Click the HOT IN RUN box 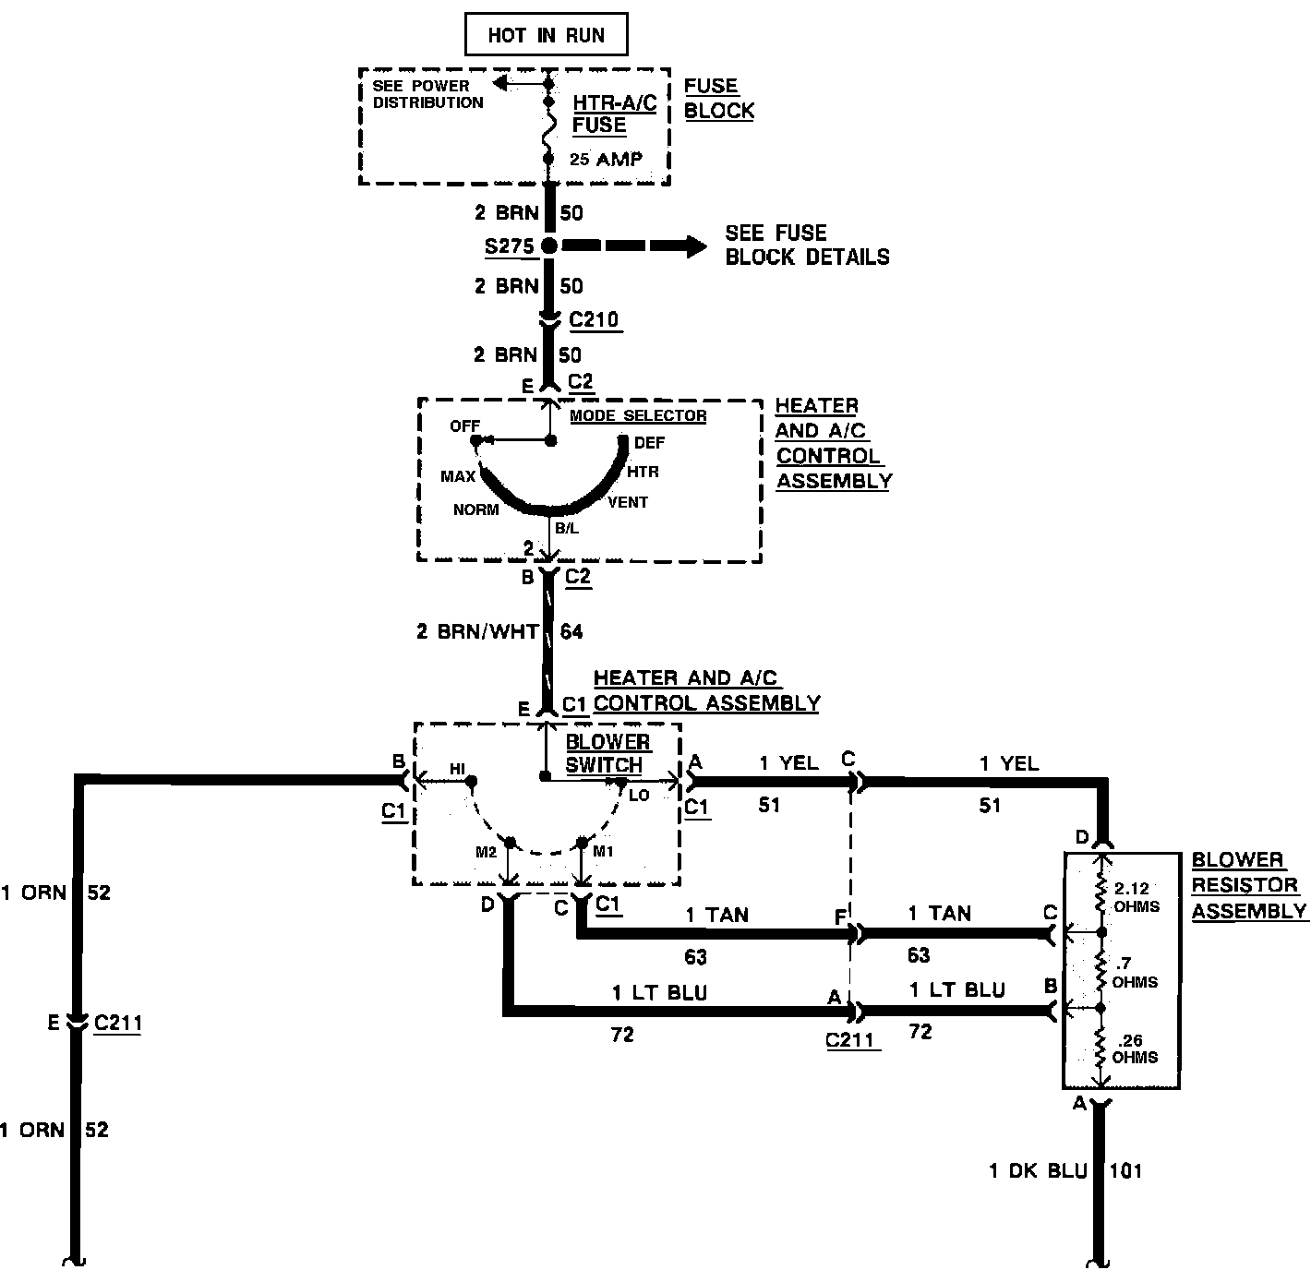click(546, 36)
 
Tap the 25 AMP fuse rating click(606, 159)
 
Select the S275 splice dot click(548, 246)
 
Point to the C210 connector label click(594, 320)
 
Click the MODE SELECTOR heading click(638, 415)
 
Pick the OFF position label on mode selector click(464, 426)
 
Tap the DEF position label click(649, 443)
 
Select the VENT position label click(628, 502)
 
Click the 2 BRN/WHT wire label click(477, 631)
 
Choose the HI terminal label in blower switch click(458, 769)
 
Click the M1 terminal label click(602, 851)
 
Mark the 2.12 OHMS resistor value click(1136, 897)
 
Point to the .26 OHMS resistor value click(1135, 1048)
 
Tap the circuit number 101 click(1125, 1171)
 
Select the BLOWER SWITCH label click(607, 753)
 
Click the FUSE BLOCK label click(718, 98)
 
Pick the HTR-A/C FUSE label click(614, 114)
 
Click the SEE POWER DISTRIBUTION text click(427, 94)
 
